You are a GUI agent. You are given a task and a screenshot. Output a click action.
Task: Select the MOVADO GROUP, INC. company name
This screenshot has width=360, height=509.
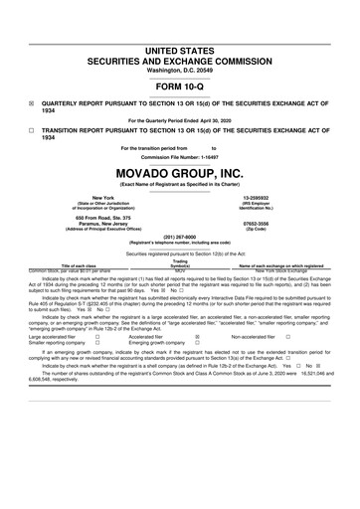point(179,171)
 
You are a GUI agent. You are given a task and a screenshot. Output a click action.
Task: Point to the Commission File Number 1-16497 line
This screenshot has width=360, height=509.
point(179,157)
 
